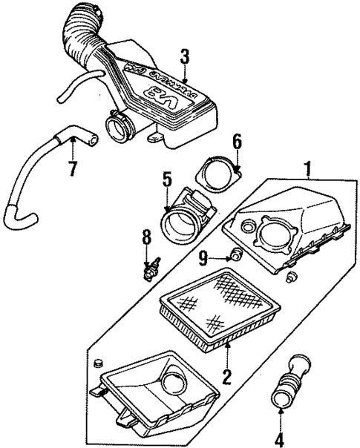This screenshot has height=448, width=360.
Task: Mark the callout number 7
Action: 72,168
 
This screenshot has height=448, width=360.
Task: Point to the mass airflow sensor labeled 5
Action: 186,215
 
